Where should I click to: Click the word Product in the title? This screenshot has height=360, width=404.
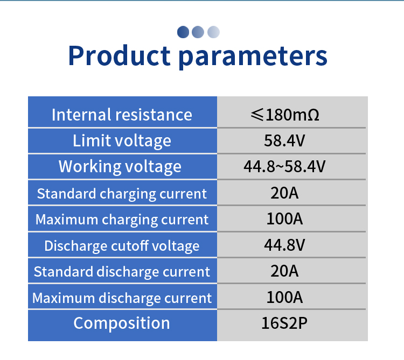[x=119, y=55]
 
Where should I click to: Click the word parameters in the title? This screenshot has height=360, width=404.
[x=253, y=57]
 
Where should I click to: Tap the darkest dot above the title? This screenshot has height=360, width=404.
[x=183, y=32]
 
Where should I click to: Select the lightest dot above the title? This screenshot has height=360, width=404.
[x=214, y=32]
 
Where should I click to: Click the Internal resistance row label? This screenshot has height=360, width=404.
[x=122, y=115]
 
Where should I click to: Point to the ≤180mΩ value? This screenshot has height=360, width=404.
[x=285, y=115]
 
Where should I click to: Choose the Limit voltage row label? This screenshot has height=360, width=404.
[x=122, y=141]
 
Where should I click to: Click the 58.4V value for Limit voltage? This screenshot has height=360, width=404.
[x=284, y=141]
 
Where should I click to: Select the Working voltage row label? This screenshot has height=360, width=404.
[x=120, y=166]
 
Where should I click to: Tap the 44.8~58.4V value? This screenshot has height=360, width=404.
[x=284, y=166]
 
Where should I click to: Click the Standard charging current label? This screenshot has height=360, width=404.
[x=122, y=194]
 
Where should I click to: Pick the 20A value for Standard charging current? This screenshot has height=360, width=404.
[x=284, y=193]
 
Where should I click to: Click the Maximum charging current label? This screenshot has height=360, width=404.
[x=122, y=220]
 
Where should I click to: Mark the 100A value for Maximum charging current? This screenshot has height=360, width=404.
[x=284, y=218]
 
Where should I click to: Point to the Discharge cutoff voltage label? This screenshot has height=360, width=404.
[x=122, y=246]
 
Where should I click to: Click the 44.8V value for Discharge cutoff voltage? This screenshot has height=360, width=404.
[x=284, y=245]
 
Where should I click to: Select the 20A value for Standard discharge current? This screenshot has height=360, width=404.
[x=284, y=271]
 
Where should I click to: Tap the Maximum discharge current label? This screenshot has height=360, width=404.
[x=122, y=298]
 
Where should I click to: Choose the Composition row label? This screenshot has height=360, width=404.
[x=122, y=323]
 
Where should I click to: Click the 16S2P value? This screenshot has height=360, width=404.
[x=284, y=323]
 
